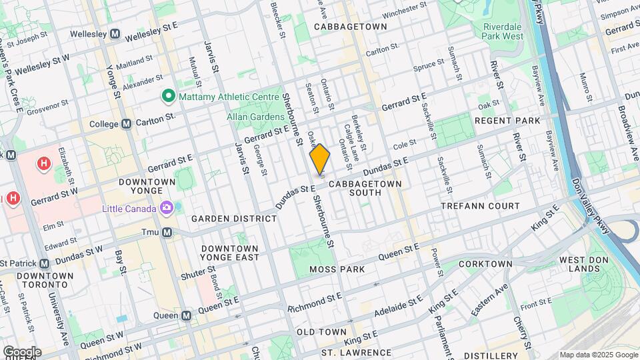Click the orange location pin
(x=320, y=159)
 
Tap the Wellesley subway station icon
(x=115, y=33)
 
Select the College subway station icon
(x=126, y=124)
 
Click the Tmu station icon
(x=167, y=232)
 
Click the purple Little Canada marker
(x=165, y=209)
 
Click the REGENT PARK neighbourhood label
(x=507, y=121)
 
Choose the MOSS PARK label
(x=337, y=269)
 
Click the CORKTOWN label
(x=486, y=264)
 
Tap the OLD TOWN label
(x=321, y=332)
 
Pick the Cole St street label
(x=405, y=143)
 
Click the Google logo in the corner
(x=21, y=351)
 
